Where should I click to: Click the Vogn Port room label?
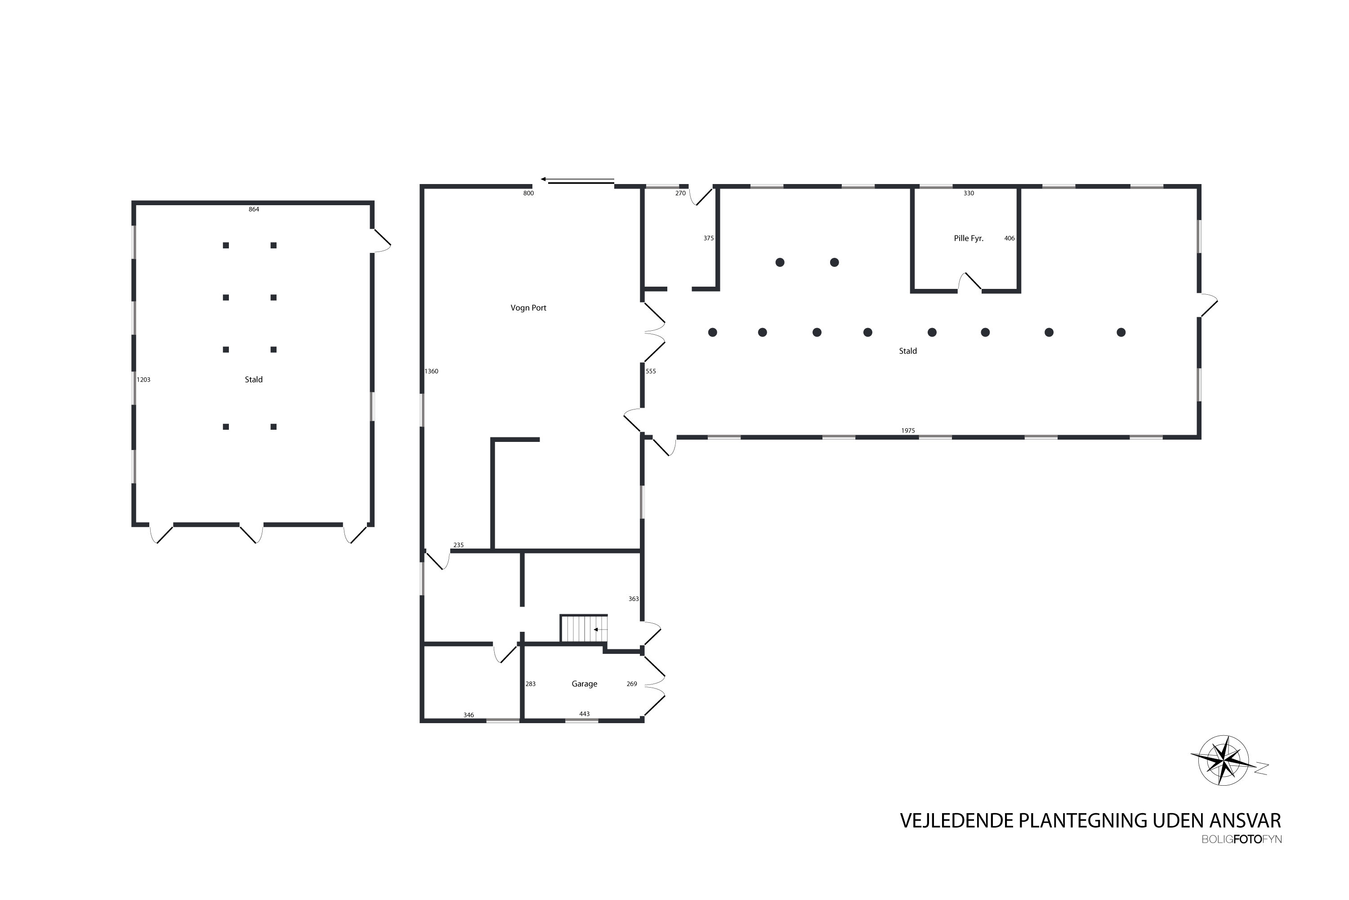(528, 308)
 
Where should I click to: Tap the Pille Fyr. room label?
(968, 238)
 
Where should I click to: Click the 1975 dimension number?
(907, 431)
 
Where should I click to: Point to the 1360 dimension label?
(431, 371)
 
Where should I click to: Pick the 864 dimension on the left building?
(254, 210)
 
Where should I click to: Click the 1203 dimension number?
(143, 379)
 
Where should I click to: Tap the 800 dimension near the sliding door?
(528, 193)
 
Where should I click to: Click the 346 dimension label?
(469, 715)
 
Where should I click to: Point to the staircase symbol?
(583, 629)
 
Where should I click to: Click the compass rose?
(1224, 760)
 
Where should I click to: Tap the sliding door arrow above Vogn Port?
(576, 180)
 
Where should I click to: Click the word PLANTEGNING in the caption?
(1093, 820)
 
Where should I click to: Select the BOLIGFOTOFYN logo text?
(1241, 840)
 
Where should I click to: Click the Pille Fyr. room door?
(969, 283)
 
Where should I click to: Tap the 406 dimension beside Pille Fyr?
(1009, 238)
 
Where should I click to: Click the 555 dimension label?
(650, 371)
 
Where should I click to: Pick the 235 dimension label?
(458, 545)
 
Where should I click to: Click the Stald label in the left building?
(254, 379)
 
